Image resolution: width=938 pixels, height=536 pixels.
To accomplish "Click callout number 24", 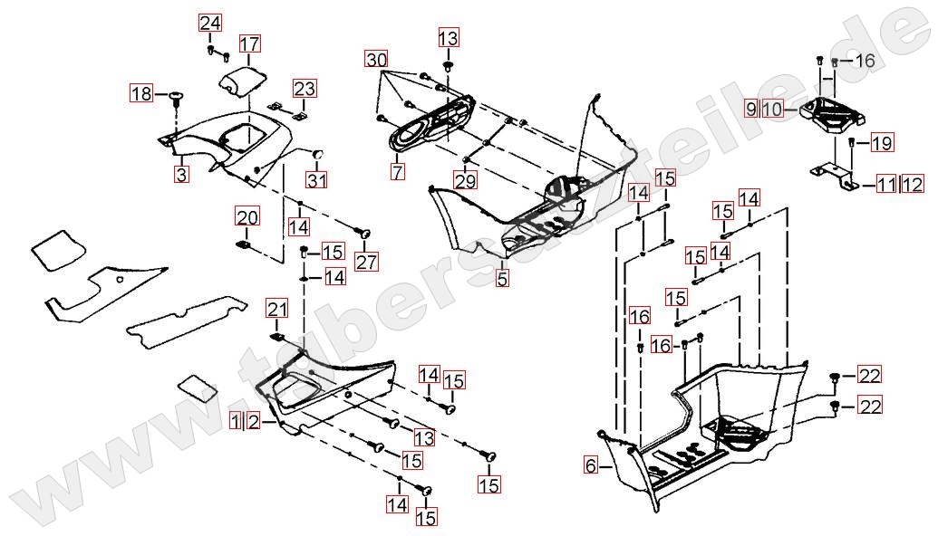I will [209, 23].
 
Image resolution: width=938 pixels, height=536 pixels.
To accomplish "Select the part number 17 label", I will [249, 43].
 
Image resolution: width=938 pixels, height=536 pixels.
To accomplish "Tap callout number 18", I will [141, 93].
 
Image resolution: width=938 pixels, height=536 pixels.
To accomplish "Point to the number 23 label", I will [305, 89].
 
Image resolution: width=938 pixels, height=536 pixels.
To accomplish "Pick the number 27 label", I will [366, 263].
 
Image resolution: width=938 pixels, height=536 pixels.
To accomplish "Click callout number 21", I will [276, 310].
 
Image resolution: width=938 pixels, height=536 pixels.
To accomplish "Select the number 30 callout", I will [377, 60].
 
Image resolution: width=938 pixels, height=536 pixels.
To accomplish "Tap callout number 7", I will [398, 169].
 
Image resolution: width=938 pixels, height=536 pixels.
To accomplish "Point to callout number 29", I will [465, 182].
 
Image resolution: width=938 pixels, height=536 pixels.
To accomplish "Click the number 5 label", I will [502, 279].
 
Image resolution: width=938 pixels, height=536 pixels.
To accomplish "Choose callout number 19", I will [882, 142].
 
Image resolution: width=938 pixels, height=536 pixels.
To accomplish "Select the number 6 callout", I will [591, 466].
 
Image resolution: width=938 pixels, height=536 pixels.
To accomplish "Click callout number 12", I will [912, 186].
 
